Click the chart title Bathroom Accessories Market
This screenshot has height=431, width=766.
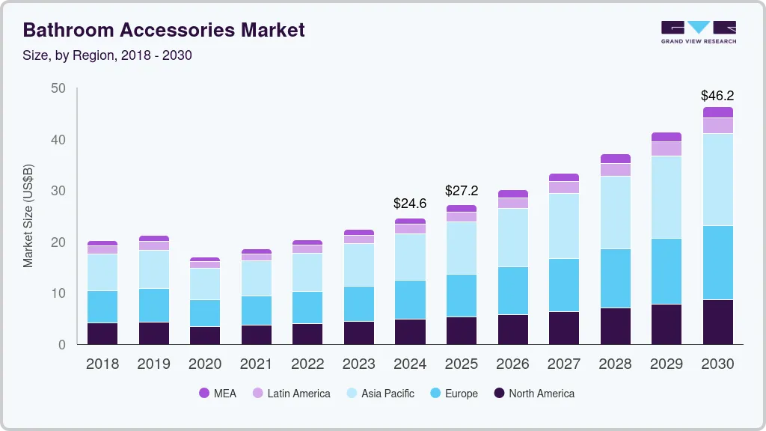(x=164, y=30)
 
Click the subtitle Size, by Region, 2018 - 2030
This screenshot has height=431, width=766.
(x=107, y=55)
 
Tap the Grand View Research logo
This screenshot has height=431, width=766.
(x=698, y=31)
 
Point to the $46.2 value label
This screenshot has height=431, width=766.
(x=717, y=96)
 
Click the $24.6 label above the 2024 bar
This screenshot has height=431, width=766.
(x=410, y=203)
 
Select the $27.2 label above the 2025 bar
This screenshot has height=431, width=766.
(x=461, y=191)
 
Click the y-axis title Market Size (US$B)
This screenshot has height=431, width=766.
(x=28, y=215)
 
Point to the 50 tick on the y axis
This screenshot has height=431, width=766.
(x=58, y=88)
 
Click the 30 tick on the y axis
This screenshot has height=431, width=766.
(x=58, y=191)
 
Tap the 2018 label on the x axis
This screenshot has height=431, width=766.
(x=102, y=364)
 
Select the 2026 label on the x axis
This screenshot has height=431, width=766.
(x=512, y=364)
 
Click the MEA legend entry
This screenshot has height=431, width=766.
(x=218, y=393)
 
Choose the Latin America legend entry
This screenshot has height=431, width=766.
(x=290, y=393)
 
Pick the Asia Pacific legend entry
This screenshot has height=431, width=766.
(x=379, y=393)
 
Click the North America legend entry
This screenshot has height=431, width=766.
(x=533, y=393)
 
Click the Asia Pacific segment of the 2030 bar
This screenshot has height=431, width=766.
(x=717, y=180)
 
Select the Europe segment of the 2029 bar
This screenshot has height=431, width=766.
(x=666, y=271)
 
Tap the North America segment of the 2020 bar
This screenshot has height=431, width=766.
(x=204, y=335)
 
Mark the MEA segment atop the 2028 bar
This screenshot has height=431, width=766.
(x=615, y=159)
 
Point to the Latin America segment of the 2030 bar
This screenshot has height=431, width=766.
(x=717, y=126)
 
